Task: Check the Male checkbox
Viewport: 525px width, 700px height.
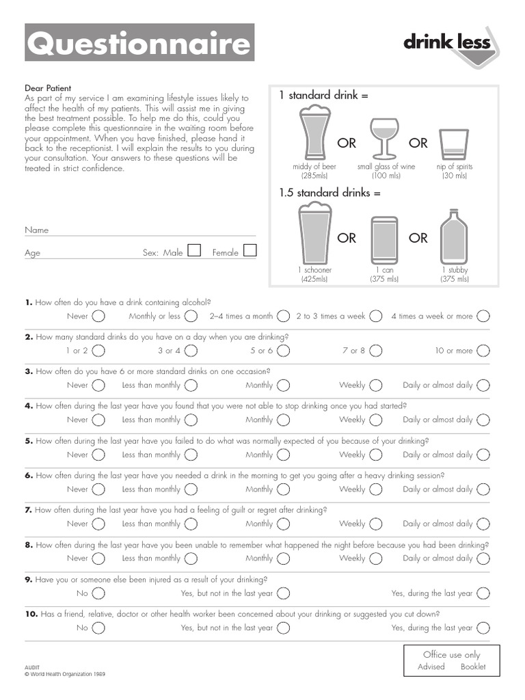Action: point(194,251)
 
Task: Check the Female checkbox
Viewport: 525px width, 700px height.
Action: point(250,251)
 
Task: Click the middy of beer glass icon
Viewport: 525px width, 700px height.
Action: point(314,133)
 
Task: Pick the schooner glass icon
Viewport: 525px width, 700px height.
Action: point(314,236)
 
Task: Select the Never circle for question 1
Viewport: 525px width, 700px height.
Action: point(98,316)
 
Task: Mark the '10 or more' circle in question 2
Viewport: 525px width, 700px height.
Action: point(483,351)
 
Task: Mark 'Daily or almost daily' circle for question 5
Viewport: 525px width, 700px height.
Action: point(483,455)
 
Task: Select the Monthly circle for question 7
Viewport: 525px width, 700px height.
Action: point(283,524)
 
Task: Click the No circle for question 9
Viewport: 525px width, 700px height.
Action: point(98,593)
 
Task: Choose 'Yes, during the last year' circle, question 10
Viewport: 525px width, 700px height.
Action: point(483,628)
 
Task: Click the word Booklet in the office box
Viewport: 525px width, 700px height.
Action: point(473,667)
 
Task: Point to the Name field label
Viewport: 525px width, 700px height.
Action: point(37,230)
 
